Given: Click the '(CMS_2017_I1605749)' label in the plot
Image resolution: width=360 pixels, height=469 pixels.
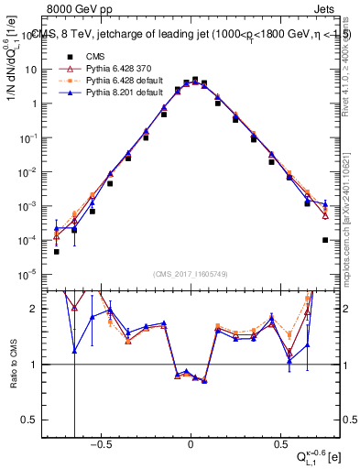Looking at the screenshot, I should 191,275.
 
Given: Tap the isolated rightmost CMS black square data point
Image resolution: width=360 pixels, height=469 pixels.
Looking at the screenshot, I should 325,240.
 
